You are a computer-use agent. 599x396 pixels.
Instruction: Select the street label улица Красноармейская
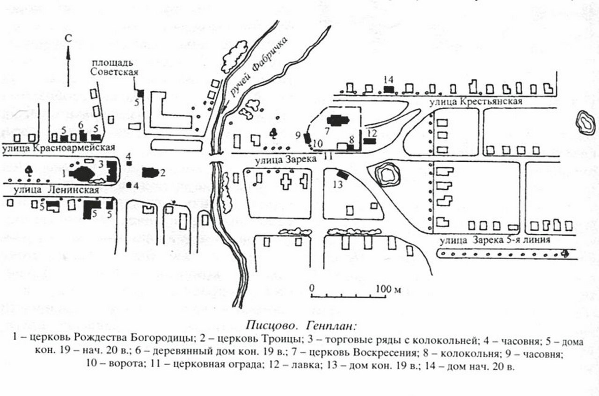pos(58,148)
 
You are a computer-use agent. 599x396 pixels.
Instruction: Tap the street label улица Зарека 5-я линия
pos(494,240)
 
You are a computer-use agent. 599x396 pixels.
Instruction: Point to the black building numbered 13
pos(342,174)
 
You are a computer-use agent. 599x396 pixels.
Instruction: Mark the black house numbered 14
pos(388,89)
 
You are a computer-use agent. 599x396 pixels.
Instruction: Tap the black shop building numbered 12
pos(370,141)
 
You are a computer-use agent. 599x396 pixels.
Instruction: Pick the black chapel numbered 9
pos(307,138)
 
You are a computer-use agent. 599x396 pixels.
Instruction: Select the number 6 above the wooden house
pos(80,125)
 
